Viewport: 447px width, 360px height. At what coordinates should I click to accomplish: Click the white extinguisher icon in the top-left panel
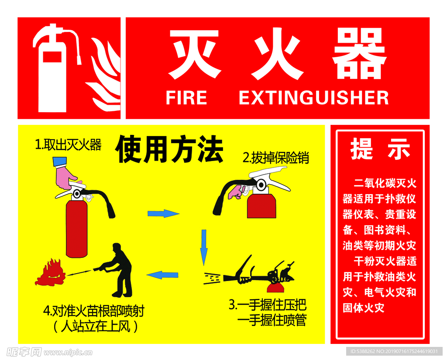click(x=52, y=70)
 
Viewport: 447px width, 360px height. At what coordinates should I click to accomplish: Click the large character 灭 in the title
click(x=194, y=55)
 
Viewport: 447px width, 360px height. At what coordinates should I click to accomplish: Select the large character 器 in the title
click(x=359, y=55)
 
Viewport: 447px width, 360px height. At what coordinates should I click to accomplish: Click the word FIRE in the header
click(x=186, y=98)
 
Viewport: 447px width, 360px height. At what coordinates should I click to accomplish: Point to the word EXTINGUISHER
click(x=313, y=98)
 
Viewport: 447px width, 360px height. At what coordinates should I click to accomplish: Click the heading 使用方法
click(x=169, y=150)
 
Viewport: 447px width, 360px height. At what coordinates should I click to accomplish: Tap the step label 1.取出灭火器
click(x=68, y=145)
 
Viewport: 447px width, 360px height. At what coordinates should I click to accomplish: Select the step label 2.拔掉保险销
click(x=275, y=158)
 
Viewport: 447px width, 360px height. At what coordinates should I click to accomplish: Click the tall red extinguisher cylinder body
click(x=76, y=229)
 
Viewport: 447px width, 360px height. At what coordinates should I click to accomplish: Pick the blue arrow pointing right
click(x=163, y=213)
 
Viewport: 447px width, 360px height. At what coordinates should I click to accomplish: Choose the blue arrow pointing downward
click(x=203, y=247)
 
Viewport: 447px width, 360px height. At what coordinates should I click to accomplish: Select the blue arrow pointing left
click(x=162, y=275)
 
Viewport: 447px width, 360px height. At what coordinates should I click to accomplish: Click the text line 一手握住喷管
click(x=272, y=321)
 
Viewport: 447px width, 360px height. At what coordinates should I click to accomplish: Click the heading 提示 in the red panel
click(x=380, y=150)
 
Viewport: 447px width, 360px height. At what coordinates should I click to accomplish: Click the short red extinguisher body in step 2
click(x=261, y=206)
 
